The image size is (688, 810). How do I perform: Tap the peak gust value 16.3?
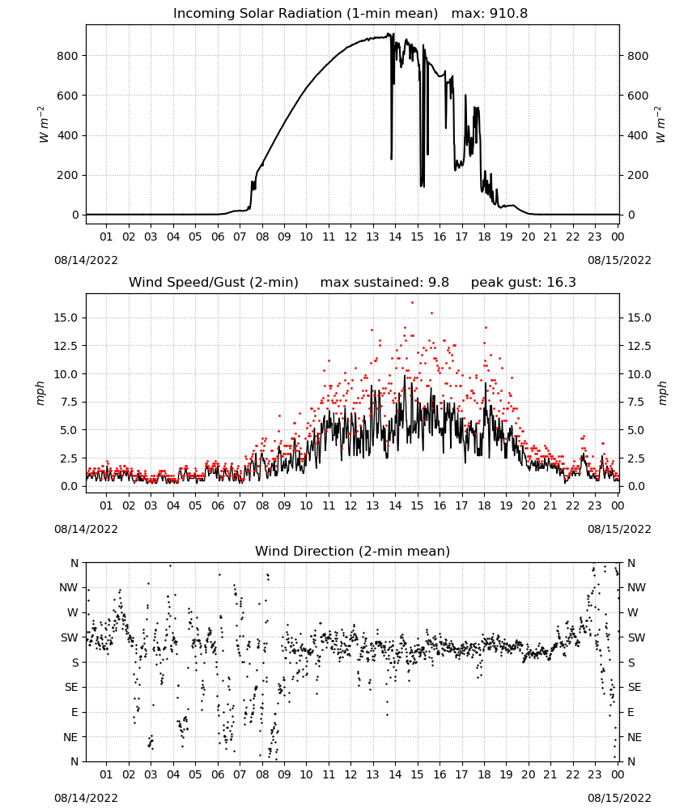[x=561, y=283]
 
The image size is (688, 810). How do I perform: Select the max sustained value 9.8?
[x=439, y=283]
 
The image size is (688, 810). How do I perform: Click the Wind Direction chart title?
[x=353, y=551]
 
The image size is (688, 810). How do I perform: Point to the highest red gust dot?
[x=412, y=302]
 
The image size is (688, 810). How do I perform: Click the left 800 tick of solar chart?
[x=68, y=56]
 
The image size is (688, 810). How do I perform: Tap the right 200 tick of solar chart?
[x=638, y=175]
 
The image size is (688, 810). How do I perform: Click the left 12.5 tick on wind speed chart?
[x=66, y=346]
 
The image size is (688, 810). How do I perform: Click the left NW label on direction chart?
[x=69, y=588]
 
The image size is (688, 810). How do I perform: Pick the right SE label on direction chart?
[x=635, y=687]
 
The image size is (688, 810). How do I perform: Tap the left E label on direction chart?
[x=74, y=712]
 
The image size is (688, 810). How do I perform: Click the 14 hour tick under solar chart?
[x=395, y=237]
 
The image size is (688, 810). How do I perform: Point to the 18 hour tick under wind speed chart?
[x=484, y=505]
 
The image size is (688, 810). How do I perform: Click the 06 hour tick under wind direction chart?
[x=218, y=774]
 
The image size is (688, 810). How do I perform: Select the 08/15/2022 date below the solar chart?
[x=619, y=260]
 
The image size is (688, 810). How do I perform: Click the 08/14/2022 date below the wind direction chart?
[x=86, y=798]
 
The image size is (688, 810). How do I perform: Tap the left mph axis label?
[x=40, y=393]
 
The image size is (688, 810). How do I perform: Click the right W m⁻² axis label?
[x=660, y=125]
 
